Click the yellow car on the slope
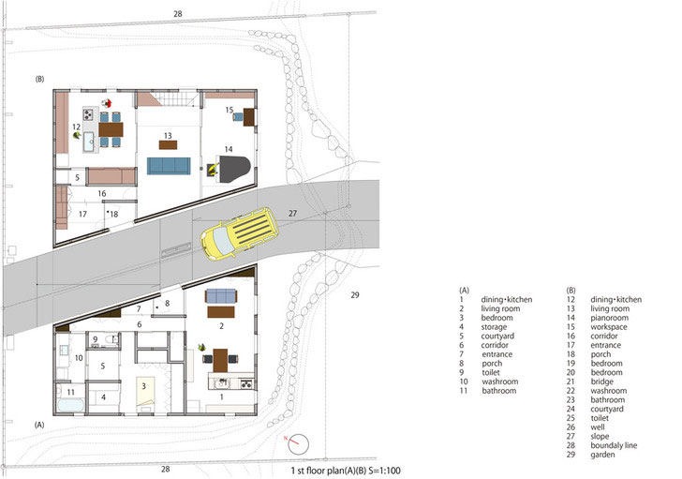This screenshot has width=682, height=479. coord(239,233)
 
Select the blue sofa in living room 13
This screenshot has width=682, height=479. coord(169,166)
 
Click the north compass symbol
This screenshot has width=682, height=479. coord(298,444)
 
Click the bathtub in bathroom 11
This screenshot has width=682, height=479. coord(70,406)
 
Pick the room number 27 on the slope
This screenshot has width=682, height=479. coord(292,213)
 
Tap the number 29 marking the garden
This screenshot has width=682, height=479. coord(355,295)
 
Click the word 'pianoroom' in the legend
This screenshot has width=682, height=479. coord(609,318)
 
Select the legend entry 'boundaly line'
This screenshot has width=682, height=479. coord(614,445)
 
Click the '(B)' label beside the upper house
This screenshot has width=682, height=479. coord(39,79)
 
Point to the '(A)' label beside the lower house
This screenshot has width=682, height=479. coord(39,425)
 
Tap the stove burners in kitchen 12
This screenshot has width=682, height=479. coord(88,114)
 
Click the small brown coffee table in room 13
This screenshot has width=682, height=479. coord(168,145)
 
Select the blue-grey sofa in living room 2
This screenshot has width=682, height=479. coord(221,296)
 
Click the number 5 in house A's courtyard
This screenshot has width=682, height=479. coord(103,366)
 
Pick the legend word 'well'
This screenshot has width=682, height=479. coord(598,427)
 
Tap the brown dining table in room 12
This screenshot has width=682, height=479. coord(111,129)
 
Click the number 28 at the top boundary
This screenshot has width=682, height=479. coord(177,14)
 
